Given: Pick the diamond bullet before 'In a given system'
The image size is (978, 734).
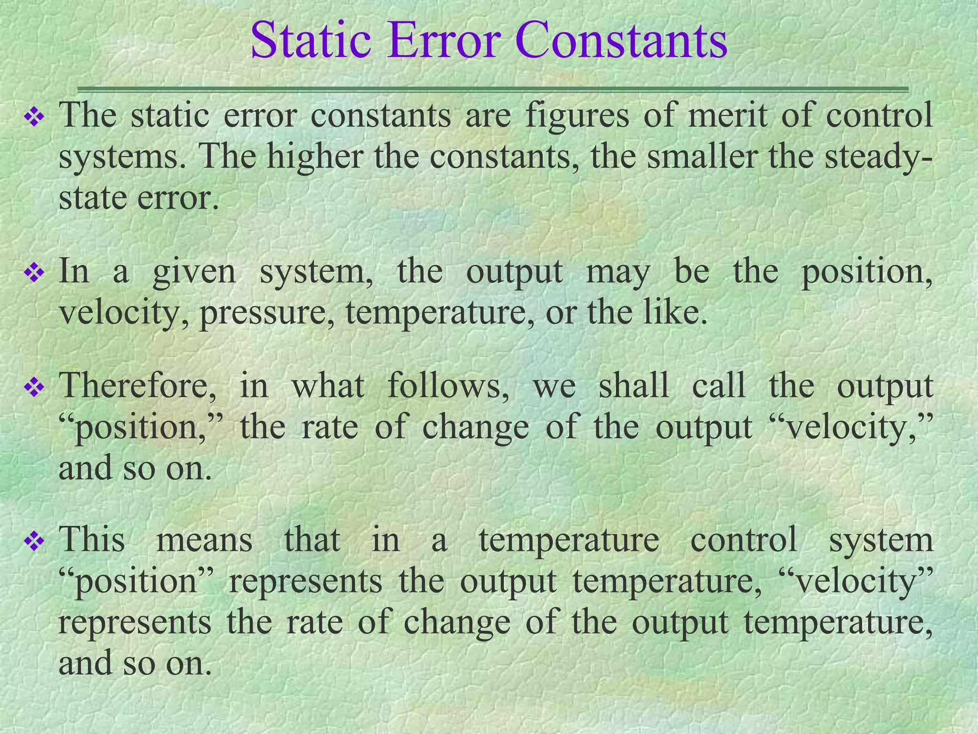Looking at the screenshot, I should tap(34, 274).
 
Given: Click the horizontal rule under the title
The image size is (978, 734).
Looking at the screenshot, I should tap(492, 89).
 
